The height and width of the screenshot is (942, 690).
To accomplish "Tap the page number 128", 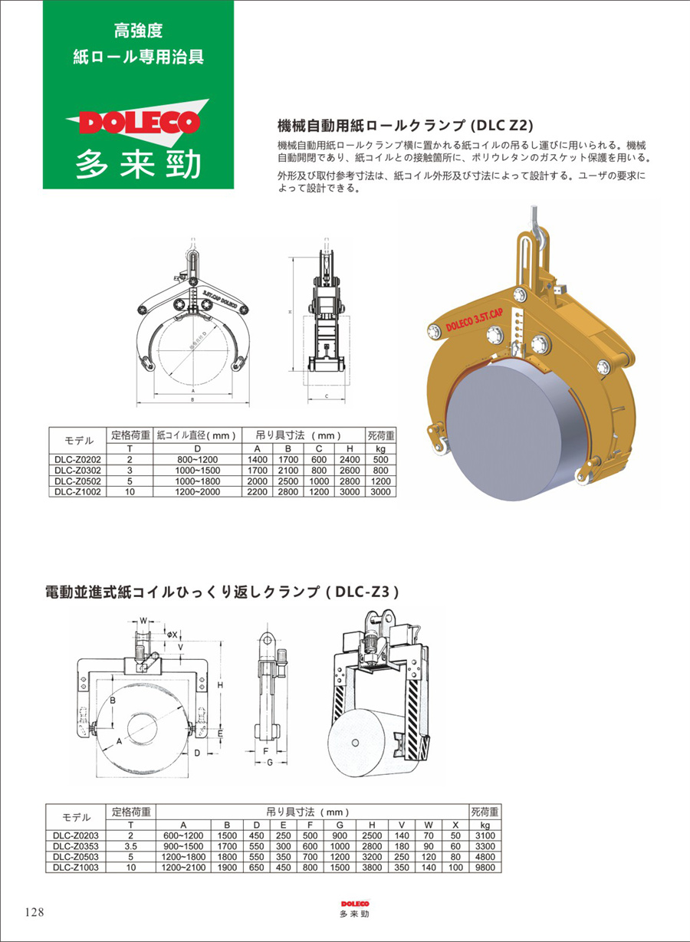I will pos(34,912).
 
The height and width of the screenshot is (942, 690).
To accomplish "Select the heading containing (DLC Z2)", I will pos(404,125).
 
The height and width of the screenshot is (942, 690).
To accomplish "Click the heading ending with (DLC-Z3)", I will pos(223,592).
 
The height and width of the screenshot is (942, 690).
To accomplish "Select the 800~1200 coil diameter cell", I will pos(198,460).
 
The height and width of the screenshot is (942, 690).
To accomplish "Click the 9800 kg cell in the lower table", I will pos(484,868).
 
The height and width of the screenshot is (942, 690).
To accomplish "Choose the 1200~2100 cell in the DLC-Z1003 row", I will pos(184,868).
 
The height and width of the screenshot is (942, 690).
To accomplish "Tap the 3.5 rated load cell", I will pos(130,846).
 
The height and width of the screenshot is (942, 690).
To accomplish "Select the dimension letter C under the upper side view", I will pos(326,396).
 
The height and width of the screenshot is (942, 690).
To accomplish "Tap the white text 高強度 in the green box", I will pos(138,31).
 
